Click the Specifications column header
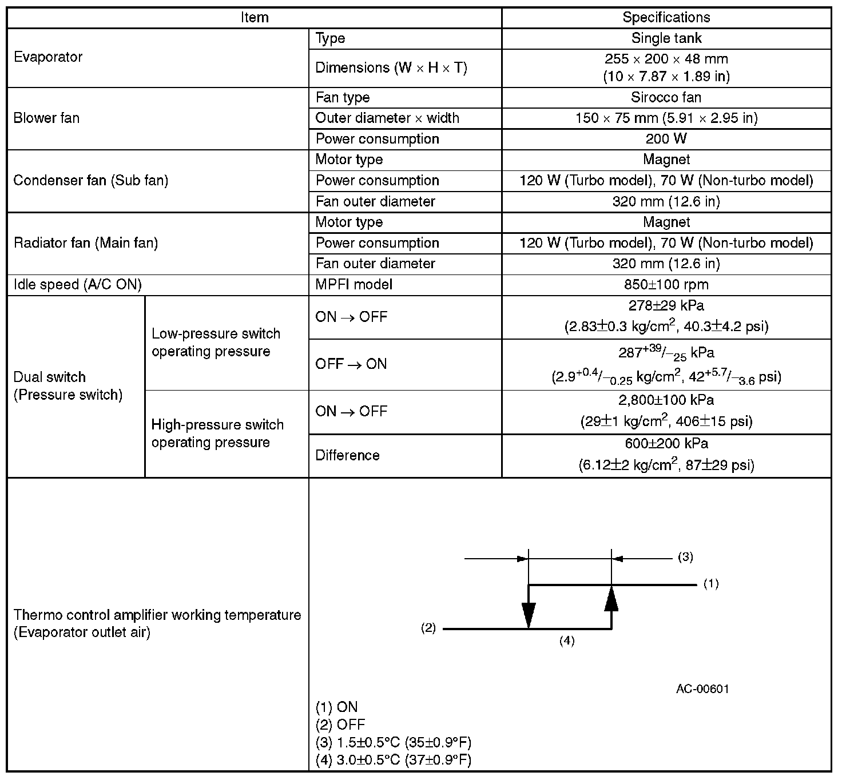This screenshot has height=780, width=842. pyautogui.click(x=666, y=17)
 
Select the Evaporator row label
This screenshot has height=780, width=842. pyautogui.click(x=48, y=57)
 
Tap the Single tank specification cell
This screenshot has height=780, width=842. pyautogui.click(x=666, y=38)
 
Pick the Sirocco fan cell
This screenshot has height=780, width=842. pyautogui.click(x=666, y=97)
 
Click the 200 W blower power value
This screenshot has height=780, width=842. pyautogui.click(x=666, y=139)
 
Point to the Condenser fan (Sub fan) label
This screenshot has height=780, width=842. pyautogui.click(x=91, y=181)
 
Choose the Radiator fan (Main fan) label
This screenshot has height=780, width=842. pyautogui.click(x=86, y=243)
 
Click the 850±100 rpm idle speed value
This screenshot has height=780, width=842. pyautogui.click(x=666, y=284)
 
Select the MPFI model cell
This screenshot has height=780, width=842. pyautogui.click(x=354, y=284)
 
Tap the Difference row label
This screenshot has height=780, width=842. pyautogui.click(x=348, y=455)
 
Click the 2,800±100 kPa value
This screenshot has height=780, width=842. pyautogui.click(x=666, y=400)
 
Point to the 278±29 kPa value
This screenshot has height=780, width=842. pyautogui.click(x=666, y=305)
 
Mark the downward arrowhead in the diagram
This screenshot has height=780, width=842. pyautogui.click(x=529, y=615)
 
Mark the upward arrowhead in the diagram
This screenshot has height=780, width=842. pyautogui.click(x=611, y=598)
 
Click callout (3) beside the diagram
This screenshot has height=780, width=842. pyautogui.click(x=685, y=557)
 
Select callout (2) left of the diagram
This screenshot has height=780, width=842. pyautogui.click(x=428, y=628)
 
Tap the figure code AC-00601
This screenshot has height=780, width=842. pyautogui.click(x=702, y=689)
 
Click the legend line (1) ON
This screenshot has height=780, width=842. pyautogui.click(x=337, y=707)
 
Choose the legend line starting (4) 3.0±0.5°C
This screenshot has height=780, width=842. pyautogui.click(x=394, y=760)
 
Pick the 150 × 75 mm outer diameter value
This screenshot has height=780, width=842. pyautogui.click(x=666, y=118)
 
